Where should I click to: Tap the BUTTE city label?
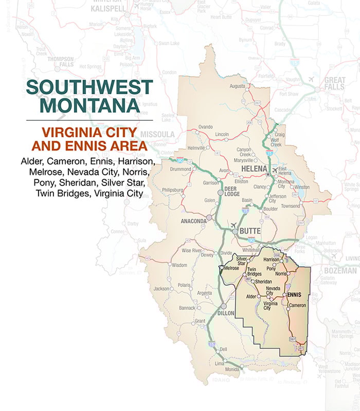click(250, 232)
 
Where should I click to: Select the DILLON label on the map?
click(226, 313)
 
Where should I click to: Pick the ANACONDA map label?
click(193, 221)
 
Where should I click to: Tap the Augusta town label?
click(238, 86)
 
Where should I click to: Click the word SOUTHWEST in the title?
click(90, 87)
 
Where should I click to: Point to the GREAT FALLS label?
click(334, 84)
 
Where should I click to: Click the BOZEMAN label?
click(340, 270)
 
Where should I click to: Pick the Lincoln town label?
click(222, 134)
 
